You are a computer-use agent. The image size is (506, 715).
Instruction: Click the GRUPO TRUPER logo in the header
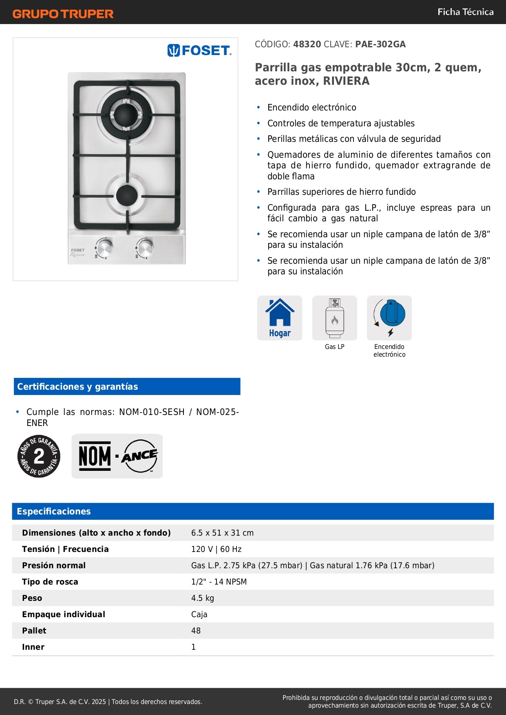(63, 14)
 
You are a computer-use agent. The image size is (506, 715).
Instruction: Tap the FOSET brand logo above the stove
(199, 50)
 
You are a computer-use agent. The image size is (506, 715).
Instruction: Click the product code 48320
(307, 44)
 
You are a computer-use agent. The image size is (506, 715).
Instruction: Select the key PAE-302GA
(380, 44)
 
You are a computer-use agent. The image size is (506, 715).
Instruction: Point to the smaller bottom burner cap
(126, 195)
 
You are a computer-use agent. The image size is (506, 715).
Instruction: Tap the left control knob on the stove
(105, 247)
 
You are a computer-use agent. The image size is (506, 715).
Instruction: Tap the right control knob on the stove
(145, 247)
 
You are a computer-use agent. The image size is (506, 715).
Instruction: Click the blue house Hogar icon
(280, 318)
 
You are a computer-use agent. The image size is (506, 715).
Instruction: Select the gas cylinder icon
(335, 318)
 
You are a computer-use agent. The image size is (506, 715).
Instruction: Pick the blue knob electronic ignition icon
(390, 317)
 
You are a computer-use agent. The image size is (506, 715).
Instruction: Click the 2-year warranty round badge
(39, 456)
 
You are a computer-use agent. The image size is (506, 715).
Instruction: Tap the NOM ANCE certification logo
(117, 456)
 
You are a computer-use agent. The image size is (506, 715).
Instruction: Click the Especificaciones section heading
(54, 511)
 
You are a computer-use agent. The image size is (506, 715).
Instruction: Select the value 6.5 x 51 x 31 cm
(222, 533)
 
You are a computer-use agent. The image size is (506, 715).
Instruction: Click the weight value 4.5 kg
(203, 598)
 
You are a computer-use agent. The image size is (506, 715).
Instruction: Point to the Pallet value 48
(196, 631)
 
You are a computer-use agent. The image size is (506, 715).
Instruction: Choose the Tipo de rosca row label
(50, 582)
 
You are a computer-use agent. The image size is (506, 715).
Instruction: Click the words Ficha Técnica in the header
(465, 12)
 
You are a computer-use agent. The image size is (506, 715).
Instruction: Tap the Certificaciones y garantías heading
(77, 386)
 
